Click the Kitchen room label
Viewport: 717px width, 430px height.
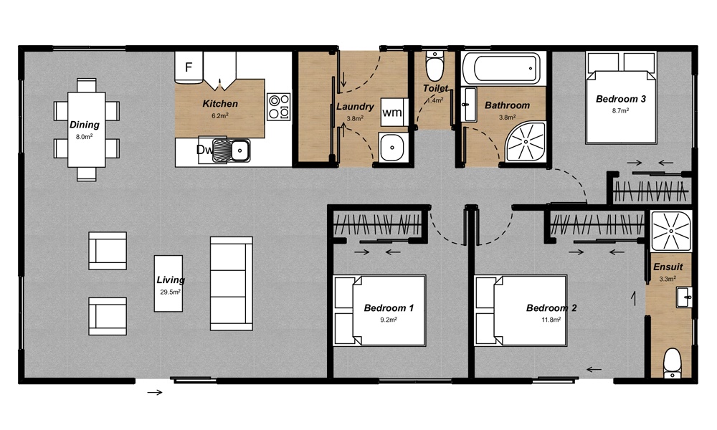click(x=220, y=104)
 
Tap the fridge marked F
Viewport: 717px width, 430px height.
click(x=189, y=68)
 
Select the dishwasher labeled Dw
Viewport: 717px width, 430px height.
click(x=204, y=150)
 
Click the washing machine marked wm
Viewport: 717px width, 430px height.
click(x=391, y=113)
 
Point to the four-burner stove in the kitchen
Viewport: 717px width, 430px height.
click(x=278, y=107)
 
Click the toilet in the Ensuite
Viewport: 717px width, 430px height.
click(x=672, y=363)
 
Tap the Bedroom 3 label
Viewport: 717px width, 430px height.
click(x=621, y=100)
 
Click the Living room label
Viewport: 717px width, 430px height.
click(x=171, y=280)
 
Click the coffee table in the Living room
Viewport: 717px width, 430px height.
click(x=169, y=283)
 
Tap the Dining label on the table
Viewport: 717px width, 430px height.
click(x=85, y=125)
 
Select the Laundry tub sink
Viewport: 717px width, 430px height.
click(x=393, y=148)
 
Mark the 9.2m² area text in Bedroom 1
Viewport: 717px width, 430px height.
click(x=389, y=320)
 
